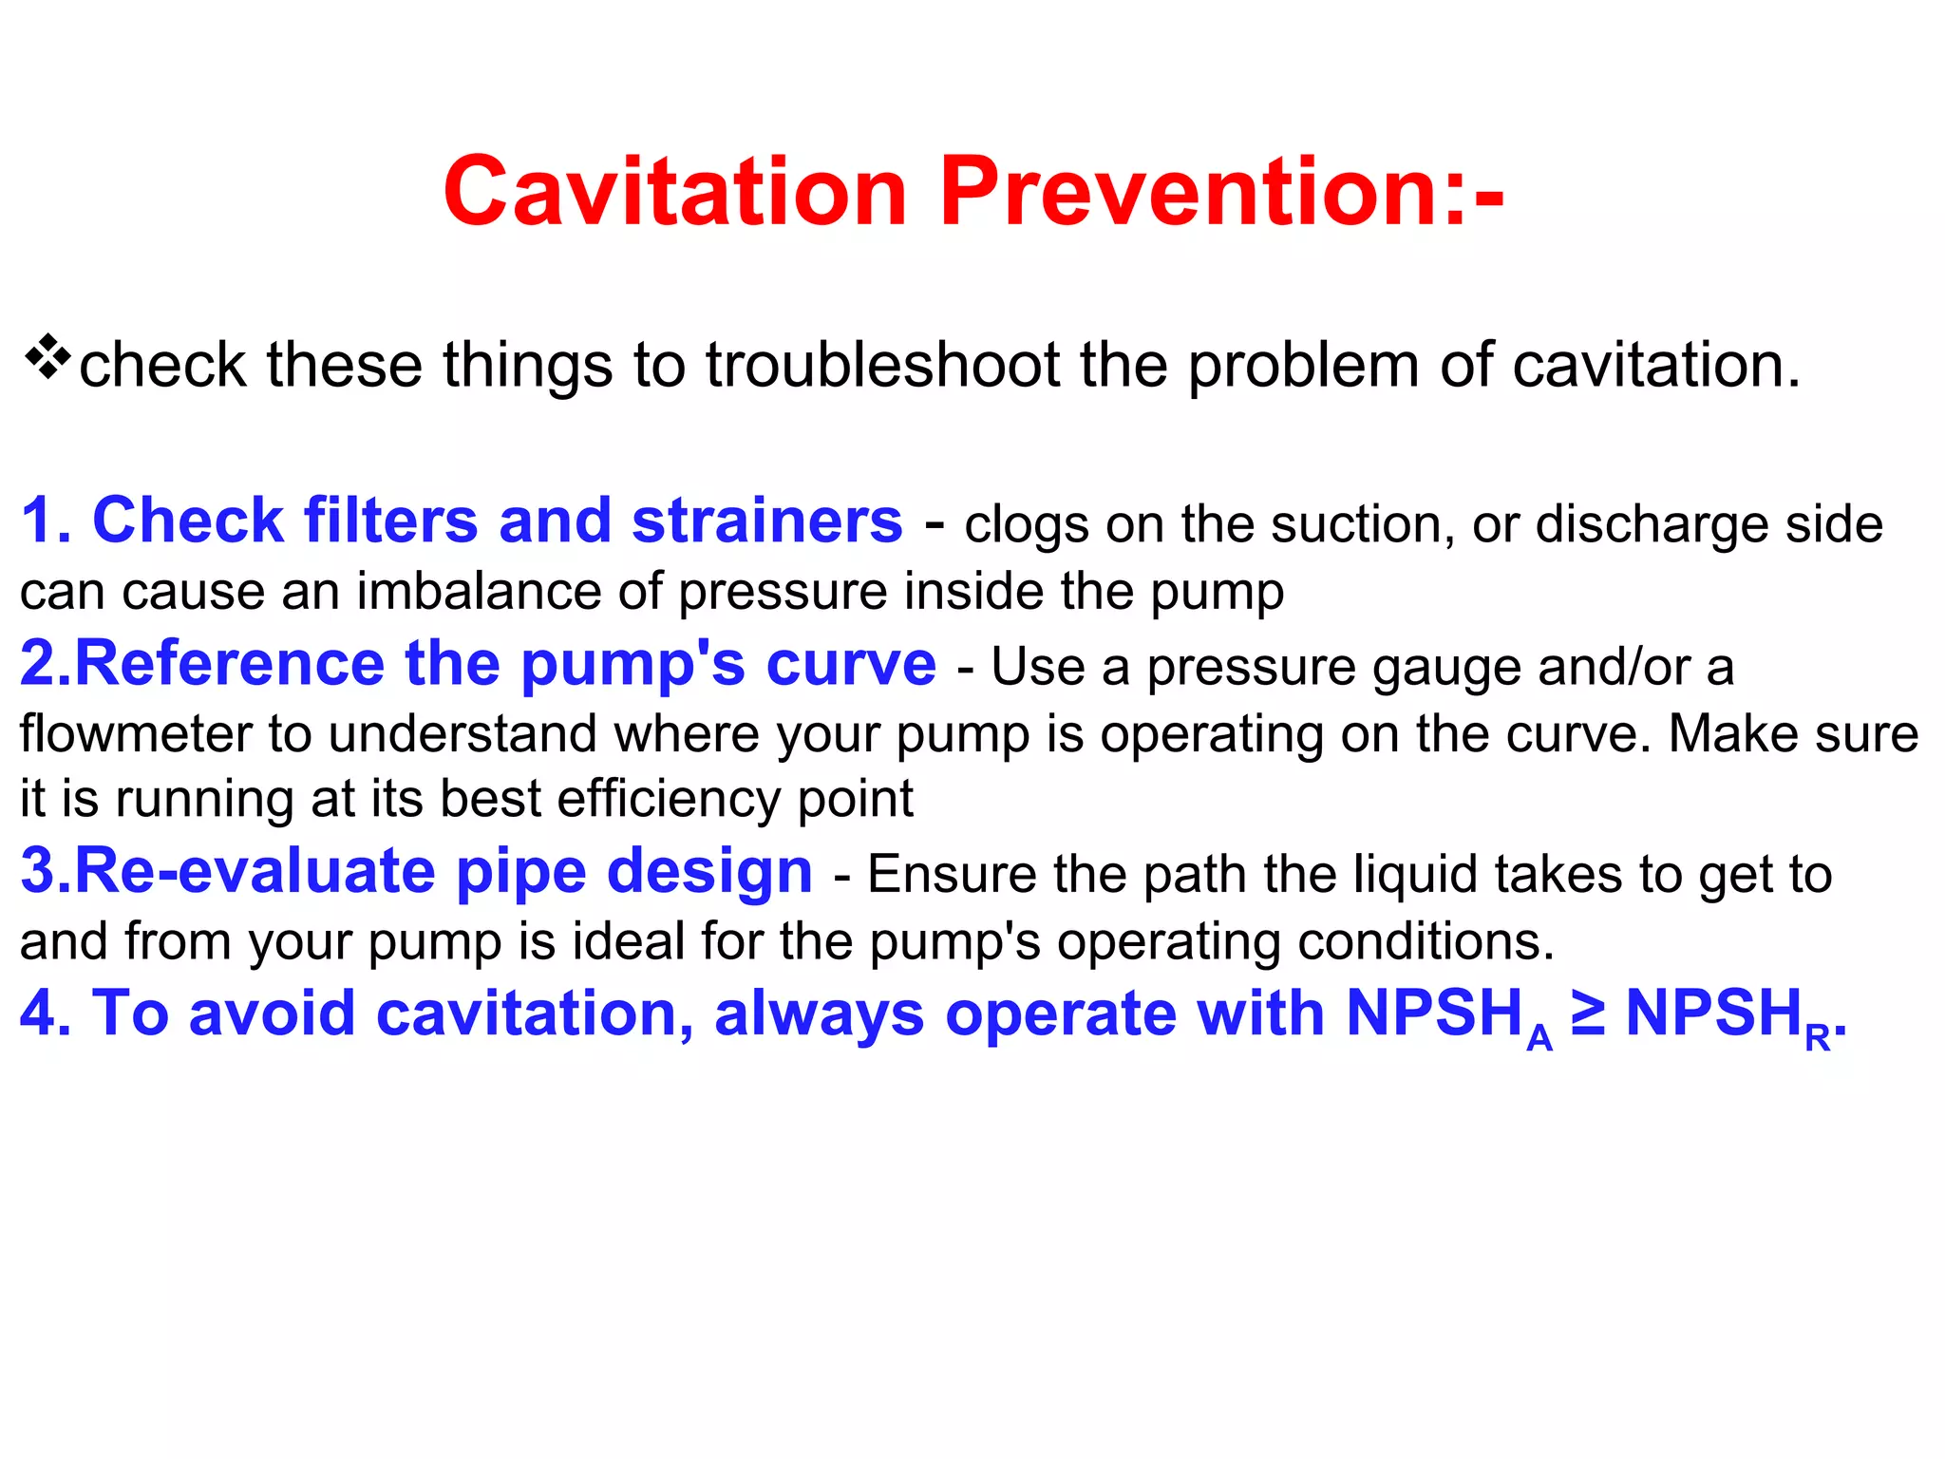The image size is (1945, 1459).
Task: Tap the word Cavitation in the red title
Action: point(675,192)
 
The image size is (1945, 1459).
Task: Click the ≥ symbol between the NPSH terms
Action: point(1588,1013)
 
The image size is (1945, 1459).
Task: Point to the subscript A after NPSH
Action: point(1539,1038)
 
